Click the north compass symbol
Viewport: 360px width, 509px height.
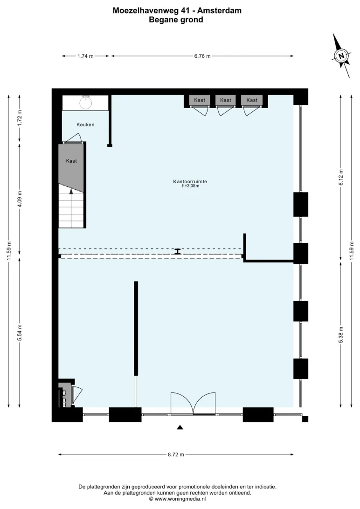341,55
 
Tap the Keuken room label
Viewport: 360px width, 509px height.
85,124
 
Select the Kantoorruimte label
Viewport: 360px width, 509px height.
190,181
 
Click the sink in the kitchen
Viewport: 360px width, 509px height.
86,102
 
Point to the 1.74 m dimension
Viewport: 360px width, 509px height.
85,56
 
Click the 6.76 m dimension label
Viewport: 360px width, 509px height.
202,56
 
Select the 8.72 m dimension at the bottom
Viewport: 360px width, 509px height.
176,454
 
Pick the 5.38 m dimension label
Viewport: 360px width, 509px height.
341,335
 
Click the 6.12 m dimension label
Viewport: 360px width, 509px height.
341,178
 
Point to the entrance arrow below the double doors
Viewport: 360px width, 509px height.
180,427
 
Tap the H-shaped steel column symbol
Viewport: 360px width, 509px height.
178,251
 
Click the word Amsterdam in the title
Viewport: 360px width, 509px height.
220,10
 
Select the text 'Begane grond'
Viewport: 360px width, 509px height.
176,20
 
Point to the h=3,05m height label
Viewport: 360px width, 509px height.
190,186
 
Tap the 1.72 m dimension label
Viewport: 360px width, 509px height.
20,118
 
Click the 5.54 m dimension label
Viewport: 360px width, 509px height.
20,333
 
